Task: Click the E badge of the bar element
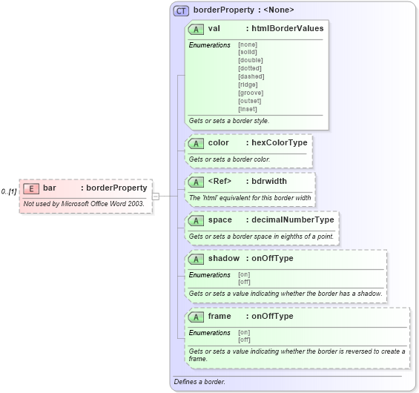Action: coord(31,188)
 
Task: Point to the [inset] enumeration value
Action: coord(248,109)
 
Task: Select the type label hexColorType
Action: coord(278,142)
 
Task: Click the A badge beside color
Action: coord(197,142)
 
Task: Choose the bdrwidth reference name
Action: coord(269,181)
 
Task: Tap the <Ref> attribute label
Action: coord(220,181)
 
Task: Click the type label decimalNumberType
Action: coord(293,219)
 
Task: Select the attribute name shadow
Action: coord(223,258)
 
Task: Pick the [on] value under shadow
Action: coord(243,274)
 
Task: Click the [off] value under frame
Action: coord(244,340)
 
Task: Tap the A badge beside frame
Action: coord(197,316)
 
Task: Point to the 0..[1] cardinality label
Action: coord(9,191)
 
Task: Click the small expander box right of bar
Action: coord(156,196)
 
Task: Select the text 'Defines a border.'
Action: coord(199,382)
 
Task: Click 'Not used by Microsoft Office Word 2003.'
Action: coord(84,203)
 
